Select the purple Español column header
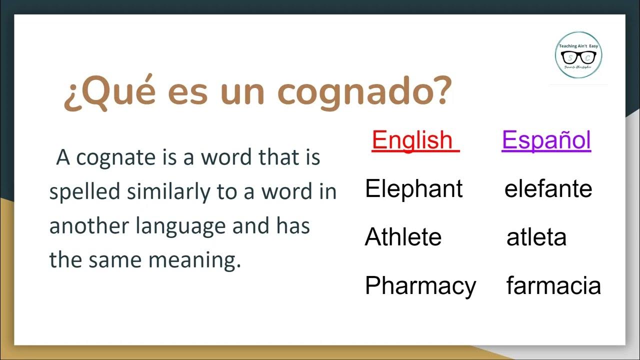[546, 140]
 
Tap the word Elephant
[414, 189]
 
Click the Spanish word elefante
[548, 189]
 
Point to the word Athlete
[403, 237]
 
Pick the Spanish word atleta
[536, 237]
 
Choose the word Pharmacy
[420, 286]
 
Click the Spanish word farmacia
[553, 286]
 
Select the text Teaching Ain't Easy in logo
[579, 45]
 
